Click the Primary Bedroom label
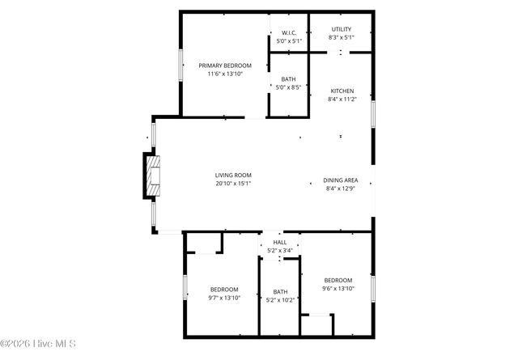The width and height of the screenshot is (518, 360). tap(225, 66)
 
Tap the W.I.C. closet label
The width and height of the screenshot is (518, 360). tap(288, 33)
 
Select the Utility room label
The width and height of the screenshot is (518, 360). tap(341, 29)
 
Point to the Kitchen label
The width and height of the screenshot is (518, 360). tap(342, 91)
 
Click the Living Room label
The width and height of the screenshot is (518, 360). tap(233, 176)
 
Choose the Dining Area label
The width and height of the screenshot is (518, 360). tap(341, 180)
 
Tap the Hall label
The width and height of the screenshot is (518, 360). tap(279, 242)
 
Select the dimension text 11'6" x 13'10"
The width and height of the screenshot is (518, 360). tap(225, 74)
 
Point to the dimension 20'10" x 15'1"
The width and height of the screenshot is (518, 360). tap(233, 184)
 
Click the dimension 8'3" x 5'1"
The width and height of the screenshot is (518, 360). tap(341, 37)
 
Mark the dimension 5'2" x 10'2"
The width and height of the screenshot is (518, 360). tap(280, 300)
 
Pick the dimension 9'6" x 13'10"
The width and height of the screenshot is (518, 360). tap(338, 289)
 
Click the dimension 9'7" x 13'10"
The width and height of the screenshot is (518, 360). tap(224, 298)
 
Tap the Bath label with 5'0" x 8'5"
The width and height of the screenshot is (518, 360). tap(288, 78)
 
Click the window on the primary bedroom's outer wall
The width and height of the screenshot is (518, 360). tap(180, 65)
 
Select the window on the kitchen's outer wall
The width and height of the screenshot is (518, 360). tap(373, 113)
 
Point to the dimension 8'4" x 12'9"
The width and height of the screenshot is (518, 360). tap(341, 188)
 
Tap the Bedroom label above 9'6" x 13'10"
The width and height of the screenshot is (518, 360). tap(338, 280)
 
